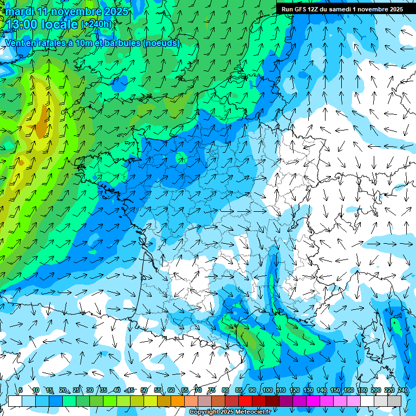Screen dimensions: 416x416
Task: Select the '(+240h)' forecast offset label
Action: point(96,24)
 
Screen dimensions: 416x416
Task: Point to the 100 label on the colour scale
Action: point(267,391)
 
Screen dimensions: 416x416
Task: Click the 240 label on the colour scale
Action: point(402,391)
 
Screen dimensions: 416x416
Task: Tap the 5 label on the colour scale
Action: point(21,391)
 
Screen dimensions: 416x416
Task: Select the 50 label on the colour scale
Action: point(144,391)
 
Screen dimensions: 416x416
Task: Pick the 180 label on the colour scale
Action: point(362,391)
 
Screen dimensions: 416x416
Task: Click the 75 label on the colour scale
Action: point(211,391)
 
